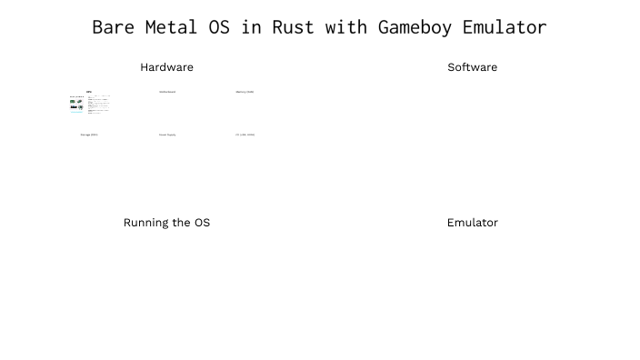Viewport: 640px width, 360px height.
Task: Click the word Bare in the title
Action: (113, 27)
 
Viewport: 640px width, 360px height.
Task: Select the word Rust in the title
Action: (293, 27)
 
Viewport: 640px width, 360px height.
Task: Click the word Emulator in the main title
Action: (505, 27)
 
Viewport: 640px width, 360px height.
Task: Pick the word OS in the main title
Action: (218, 27)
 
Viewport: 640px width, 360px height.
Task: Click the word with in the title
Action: (346, 27)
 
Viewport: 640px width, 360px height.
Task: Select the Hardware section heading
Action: (166, 67)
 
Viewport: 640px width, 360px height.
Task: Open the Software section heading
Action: (472, 67)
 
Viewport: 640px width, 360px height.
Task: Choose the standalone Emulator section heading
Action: (472, 223)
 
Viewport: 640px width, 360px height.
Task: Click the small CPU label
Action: (89, 92)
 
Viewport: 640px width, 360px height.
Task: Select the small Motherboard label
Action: (167, 92)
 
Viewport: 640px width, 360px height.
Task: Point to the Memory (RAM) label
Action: (245, 92)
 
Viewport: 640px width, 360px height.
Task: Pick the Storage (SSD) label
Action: (89, 135)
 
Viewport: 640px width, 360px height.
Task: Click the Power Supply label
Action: (167, 135)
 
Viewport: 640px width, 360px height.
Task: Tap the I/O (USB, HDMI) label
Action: (245, 135)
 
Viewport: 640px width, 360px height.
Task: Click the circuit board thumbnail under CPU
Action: (76, 105)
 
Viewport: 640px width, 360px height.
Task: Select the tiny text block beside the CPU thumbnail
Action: (99, 105)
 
